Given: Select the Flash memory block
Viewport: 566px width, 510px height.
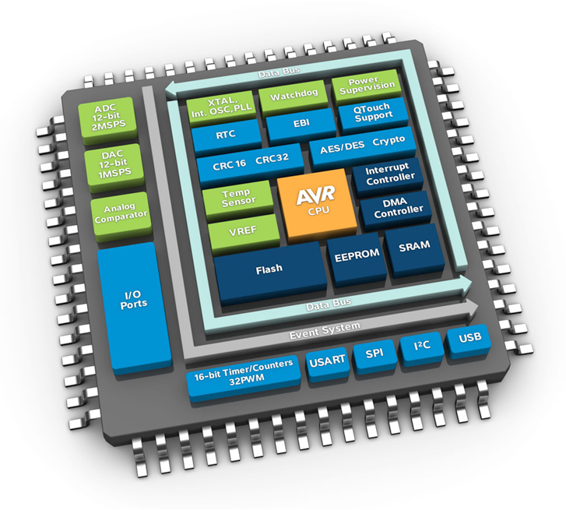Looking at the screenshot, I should click(x=269, y=270).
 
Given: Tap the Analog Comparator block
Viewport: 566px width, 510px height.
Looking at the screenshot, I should click(x=111, y=211).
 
